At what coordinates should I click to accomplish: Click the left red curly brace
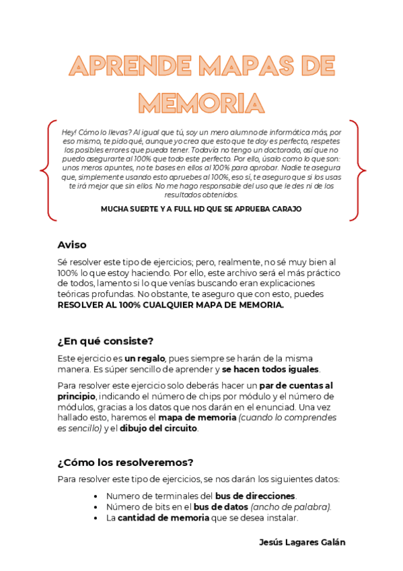(46, 170)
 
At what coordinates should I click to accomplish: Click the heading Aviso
(72, 244)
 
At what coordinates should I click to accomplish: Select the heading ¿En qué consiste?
(106, 341)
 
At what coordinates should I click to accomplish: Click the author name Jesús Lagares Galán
(302, 542)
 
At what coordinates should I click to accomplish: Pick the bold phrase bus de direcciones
(255, 496)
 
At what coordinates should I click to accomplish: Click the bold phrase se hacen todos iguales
(271, 369)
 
